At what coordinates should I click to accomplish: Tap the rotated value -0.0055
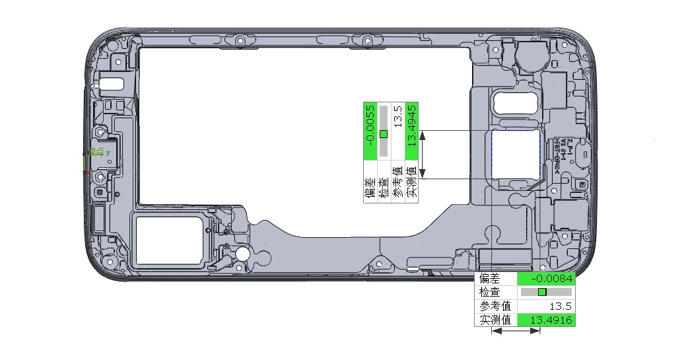click(x=370, y=126)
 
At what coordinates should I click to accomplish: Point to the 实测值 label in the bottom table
click(x=495, y=320)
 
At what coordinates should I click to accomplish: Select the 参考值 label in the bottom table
click(x=495, y=306)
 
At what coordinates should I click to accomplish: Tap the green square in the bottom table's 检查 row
click(x=542, y=292)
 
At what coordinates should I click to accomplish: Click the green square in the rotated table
click(x=384, y=134)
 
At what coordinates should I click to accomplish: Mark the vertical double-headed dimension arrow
click(x=423, y=155)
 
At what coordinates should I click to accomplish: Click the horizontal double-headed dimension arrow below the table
click(x=516, y=331)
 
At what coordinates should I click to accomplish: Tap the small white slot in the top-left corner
click(x=112, y=84)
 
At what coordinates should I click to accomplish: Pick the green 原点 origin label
click(x=96, y=152)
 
